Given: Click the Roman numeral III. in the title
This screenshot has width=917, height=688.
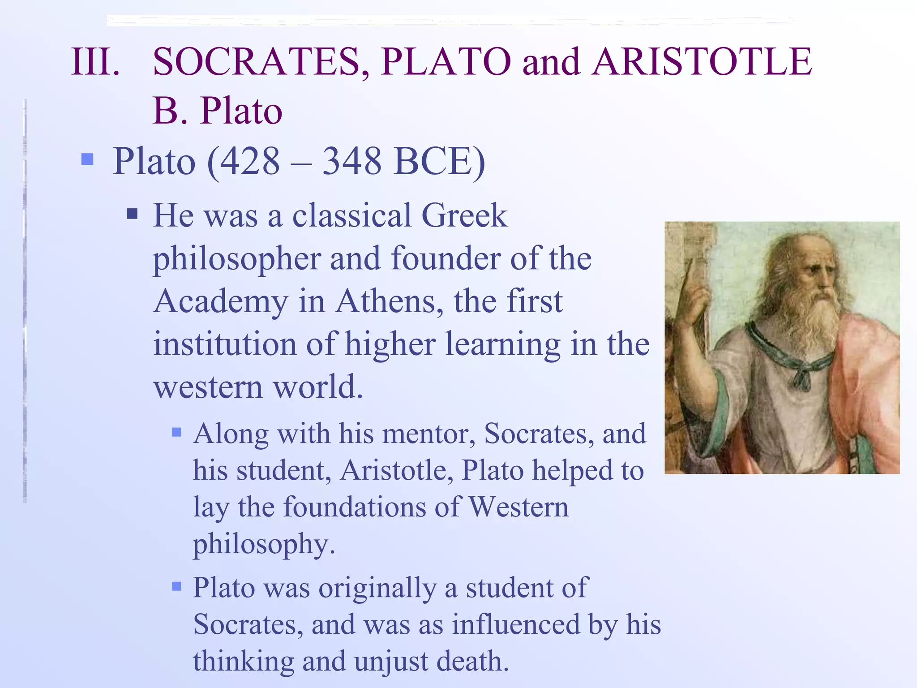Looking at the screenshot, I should [x=95, y=61].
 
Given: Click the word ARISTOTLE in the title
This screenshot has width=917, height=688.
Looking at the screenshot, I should [x=702, y=61].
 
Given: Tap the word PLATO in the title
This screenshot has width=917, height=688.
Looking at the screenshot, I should [x=446, y=61].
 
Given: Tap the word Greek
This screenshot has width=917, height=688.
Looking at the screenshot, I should [x=464, y=216].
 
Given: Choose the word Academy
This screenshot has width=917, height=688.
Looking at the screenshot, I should [x=221, y=302].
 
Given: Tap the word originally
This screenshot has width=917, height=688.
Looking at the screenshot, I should [x=377, y=589].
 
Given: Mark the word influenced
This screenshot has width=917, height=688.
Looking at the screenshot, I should [x=515, y=624].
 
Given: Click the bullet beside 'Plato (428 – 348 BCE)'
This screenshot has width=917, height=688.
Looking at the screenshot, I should [x=87, y=159].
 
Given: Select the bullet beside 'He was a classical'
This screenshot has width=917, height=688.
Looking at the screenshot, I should [x=132, y=213].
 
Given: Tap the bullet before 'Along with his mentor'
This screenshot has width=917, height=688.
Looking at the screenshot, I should [x=177, y=432].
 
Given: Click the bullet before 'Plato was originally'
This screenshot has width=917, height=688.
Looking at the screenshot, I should [x=177, y=586].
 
